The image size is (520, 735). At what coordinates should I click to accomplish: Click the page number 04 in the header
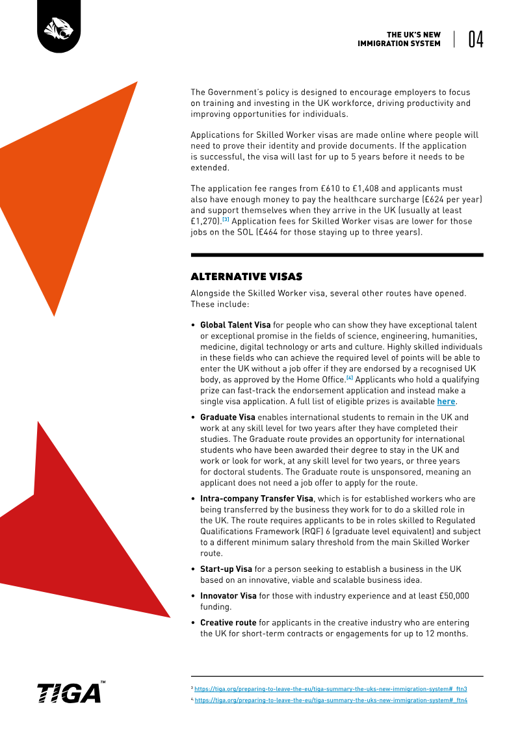tap(475, 40)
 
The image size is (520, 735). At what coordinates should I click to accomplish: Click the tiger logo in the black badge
tap(60, 28)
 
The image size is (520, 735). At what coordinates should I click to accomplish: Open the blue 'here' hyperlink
tap(445, 401)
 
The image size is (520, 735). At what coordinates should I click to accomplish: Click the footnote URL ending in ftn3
tap(331, 688)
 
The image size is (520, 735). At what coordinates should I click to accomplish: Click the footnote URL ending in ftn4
tap(331, 701)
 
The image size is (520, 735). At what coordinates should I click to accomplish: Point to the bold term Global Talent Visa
tap(235, 324)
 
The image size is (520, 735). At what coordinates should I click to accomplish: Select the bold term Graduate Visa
tap(227, 417)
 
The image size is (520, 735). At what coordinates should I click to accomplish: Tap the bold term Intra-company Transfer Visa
tap(257, 498)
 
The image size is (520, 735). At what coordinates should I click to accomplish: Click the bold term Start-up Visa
tap(226, 569)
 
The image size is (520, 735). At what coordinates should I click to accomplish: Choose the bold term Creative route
tap(228, 623)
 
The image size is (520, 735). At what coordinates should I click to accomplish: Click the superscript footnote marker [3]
tap(226, 219)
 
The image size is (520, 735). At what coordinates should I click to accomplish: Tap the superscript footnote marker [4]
tap(349, 377)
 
